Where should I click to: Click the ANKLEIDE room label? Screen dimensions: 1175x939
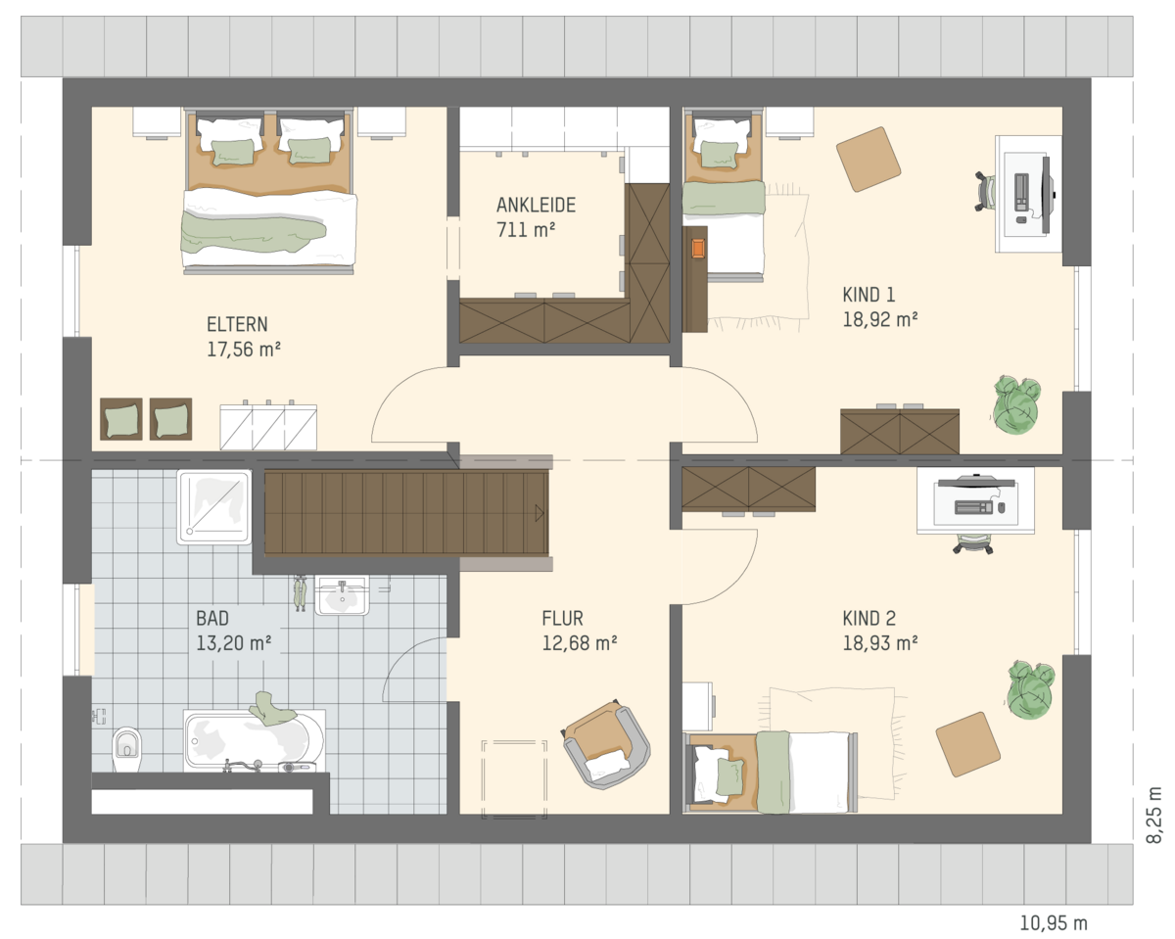point(536,206)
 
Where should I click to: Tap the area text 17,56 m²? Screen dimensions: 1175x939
point(244,350)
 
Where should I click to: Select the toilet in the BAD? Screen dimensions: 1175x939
point(127,750)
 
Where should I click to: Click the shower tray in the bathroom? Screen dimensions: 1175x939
point(214,507)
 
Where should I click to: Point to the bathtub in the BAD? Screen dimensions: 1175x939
point(255,741)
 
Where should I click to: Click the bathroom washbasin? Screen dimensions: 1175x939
point(343,595)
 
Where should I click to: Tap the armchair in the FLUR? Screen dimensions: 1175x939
point(606,743)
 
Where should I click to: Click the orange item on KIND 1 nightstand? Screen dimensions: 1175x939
point(698,249)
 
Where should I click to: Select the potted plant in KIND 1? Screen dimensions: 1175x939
point(1016,404)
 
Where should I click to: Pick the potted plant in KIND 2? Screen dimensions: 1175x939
point(1030,689)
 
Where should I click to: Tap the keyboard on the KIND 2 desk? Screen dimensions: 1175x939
point(973,508)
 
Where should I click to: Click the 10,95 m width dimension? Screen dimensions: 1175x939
point(1054,923)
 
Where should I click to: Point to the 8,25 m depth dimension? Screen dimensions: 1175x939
point(1153,816)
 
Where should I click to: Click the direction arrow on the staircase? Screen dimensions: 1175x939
point(540,513)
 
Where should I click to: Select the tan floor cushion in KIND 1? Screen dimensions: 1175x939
point(869,160)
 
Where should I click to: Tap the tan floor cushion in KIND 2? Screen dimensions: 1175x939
point(968,744)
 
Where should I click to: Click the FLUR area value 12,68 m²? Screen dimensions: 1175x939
point(580,643)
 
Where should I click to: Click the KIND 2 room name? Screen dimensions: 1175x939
point(869,619)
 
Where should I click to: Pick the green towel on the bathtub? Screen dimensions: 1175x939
point(271,709)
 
